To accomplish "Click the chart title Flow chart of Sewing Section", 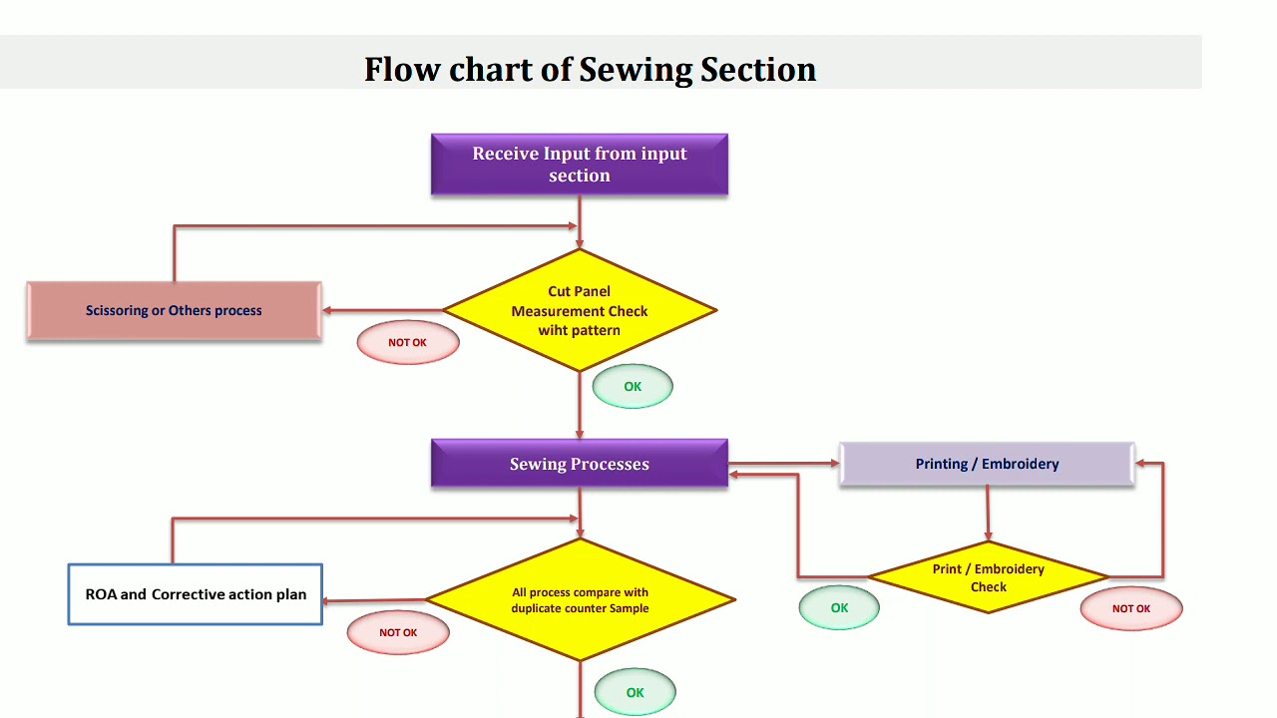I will point(590,69).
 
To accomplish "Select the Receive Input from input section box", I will point(580,165).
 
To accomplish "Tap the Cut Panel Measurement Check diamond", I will point(580,310).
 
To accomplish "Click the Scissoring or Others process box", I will point(174,311).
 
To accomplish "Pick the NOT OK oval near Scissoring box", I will point(408,342).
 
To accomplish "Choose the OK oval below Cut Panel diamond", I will point(633,387).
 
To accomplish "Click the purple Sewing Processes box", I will point(580,464).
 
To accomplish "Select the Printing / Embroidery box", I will point(987,464).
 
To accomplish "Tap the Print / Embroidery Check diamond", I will point(988,577).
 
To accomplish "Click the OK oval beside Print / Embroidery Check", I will point(839,608).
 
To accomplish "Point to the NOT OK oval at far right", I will point(1131,608).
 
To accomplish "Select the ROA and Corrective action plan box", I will point(196,594).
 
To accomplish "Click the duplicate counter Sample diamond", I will point(580,599).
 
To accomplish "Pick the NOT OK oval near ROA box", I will point(398,632).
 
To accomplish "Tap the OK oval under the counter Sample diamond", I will point(636,693).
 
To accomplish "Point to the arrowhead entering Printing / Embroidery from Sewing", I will point(834,464).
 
